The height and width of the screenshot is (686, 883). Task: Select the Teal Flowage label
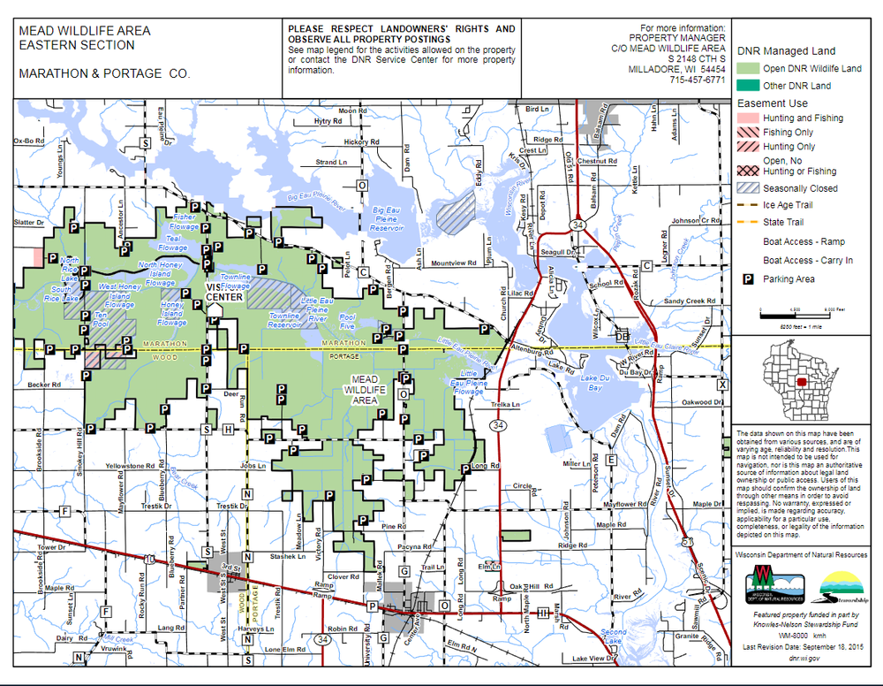coord(170,240)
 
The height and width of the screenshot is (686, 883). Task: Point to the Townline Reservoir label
coord(284,320)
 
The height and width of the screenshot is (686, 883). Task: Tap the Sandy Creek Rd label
coord(688,301)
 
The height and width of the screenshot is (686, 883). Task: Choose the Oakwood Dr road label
coord(691,402)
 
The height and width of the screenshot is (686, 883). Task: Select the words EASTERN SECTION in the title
coord(77,45)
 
